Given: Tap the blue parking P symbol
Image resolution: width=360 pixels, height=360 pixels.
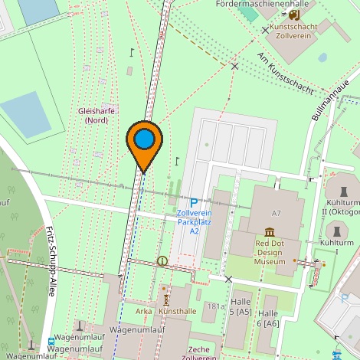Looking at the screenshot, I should click(x=194, y=202).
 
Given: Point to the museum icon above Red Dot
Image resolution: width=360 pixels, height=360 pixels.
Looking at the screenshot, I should click(x=270, y=232).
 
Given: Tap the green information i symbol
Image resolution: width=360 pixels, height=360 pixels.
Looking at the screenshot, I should click(x=162, y=261).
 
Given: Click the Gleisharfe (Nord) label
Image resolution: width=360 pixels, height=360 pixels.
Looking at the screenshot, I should click(x=97, y=115).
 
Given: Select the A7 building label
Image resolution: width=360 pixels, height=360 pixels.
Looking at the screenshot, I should click(x=276, y=213).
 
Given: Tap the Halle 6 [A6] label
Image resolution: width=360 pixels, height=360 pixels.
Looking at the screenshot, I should click(x=268, y=319).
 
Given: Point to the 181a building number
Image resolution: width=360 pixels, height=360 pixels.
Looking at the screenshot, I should click(x=211, y=306).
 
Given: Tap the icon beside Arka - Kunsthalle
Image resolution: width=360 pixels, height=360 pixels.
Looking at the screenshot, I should click(x=165, y=298).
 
